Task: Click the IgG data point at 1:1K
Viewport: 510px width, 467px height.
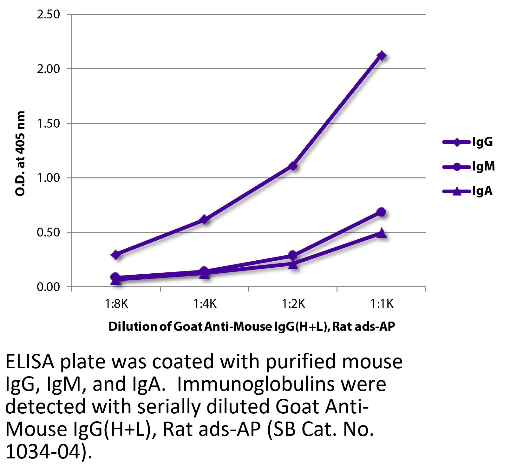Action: pos(382,56)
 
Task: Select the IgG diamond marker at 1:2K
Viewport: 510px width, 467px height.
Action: pos(293,166)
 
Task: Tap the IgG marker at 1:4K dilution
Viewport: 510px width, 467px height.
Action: pos(205,219)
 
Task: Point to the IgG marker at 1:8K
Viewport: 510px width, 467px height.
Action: pos(116,255)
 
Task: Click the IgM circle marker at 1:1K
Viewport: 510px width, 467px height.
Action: pos(382,212)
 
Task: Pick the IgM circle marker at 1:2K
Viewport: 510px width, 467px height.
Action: pos(293,255)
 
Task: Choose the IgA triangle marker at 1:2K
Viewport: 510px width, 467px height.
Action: pos(293,264)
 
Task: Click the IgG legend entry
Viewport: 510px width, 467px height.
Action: pos(468,142)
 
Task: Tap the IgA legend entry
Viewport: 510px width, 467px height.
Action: pos(468,191)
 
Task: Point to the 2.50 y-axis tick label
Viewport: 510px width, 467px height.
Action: pos(49,15)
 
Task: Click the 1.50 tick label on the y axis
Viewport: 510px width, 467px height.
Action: pos(49,123)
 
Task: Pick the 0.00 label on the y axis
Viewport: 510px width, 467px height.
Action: pos(49,287)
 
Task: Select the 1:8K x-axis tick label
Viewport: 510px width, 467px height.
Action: pos(116,304)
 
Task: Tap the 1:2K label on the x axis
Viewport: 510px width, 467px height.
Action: pos(293,304)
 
